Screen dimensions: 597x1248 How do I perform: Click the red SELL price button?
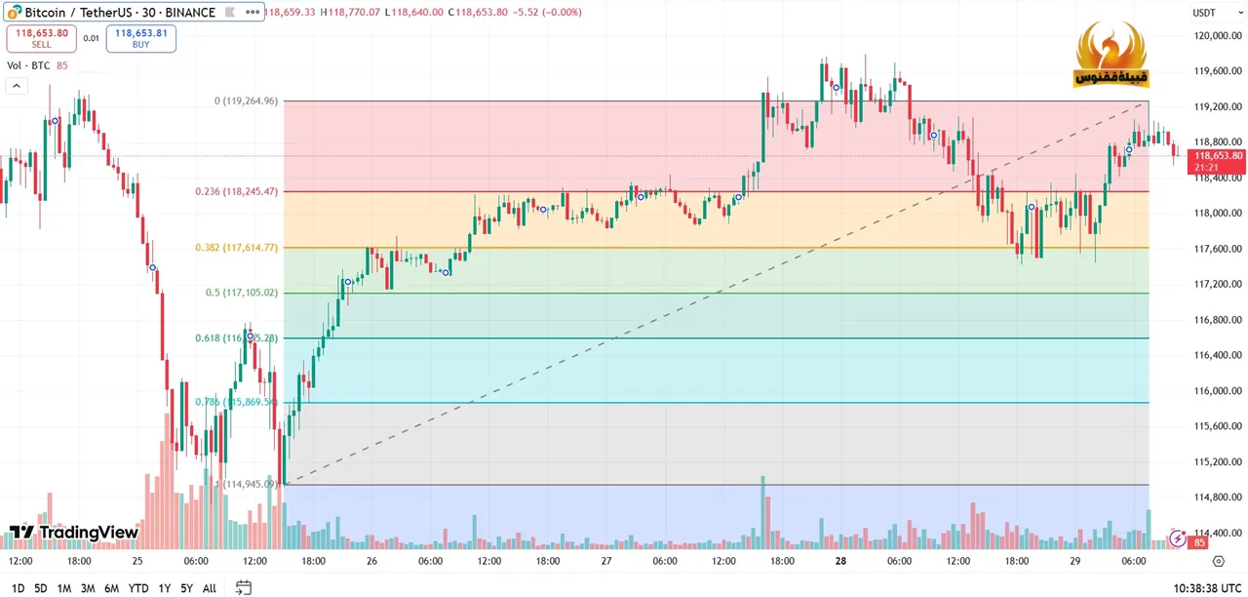(x=41, y=38)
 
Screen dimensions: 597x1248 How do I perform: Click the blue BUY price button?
(x=140, y=38)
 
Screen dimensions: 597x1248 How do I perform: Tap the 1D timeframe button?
(x=18, y=588)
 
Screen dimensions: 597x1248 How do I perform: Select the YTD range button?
(x=138, y=588)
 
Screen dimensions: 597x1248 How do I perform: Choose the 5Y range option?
(x=186, y=588)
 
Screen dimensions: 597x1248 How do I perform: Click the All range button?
(x=210, y=588)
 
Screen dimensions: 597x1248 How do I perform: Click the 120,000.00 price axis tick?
(x=1218, y=36)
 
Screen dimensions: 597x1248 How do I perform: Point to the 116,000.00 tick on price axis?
(x=1218, y=391)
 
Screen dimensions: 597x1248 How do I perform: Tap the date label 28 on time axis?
(x=840, y=561)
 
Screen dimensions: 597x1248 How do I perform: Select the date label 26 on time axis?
(x=371, y=561)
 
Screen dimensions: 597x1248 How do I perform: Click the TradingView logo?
(x=74, y=533)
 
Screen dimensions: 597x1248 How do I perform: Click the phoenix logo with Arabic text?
(x=1111, y=57)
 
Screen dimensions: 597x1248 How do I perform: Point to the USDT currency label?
(x=1204, y=13)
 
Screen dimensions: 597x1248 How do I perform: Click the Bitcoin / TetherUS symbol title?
(x=117, y=13)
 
